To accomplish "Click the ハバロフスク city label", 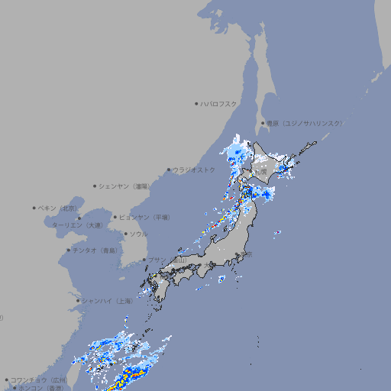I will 219,103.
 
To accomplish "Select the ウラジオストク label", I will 194,170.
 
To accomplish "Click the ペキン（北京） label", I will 59,208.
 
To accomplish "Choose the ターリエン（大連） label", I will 77,225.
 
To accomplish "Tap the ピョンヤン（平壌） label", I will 144,217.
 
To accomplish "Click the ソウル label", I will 138,234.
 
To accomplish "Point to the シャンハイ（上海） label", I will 106,301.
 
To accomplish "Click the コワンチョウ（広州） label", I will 38,380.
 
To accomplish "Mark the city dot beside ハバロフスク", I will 196,103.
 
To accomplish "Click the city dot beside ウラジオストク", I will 169,170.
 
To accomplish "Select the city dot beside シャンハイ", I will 77,301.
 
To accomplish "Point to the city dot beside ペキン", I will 34,208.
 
